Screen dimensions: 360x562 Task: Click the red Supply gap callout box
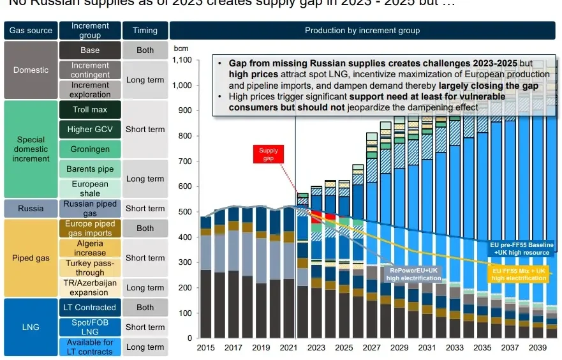coord(268,154)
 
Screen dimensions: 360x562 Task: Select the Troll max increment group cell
coord(90,110)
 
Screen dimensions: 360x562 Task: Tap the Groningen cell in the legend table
coord(90,149)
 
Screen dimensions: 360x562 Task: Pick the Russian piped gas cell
coord(90,208)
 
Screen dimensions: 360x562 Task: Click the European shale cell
coord(90,188)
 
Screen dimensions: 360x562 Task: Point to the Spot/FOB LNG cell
coord(90,327)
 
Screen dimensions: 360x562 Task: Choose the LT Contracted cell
coord(90,307)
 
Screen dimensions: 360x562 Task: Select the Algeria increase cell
coord(90,248)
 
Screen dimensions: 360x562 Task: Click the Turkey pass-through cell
coord(90,267)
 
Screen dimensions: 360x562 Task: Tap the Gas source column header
coord(31,31)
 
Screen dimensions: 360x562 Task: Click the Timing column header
coord(145,31)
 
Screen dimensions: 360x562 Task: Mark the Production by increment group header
coord(362,31)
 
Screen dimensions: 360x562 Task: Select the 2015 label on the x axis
coord(206,348)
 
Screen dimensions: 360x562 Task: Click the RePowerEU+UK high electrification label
coord(413,274)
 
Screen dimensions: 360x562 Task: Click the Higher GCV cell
coord(90,130)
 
